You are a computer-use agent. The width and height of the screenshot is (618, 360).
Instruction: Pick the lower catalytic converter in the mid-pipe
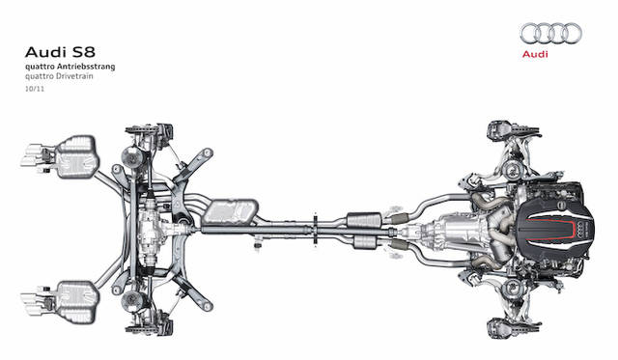[361, 240]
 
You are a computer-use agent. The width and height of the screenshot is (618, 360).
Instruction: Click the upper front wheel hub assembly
[502, 129]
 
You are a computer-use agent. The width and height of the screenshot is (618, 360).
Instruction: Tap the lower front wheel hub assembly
[502, 319]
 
